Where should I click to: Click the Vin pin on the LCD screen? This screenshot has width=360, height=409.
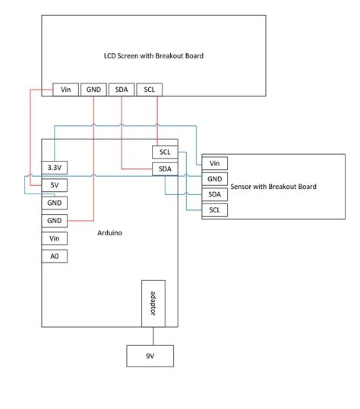click(x=65, y=90)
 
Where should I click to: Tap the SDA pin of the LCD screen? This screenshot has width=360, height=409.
click(x=122, y=90)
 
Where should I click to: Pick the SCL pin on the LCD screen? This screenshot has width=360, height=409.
click(x=149, y=90)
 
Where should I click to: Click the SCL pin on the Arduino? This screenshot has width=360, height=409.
click(x=164, y=153)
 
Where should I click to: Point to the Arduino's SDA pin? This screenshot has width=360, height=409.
click(x=164, y=168)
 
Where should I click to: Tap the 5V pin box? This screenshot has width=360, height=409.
click(x=54, y=185)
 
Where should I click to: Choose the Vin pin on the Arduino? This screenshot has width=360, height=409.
click(x=54, y=238)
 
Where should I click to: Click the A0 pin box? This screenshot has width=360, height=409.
click(x=54, y=256)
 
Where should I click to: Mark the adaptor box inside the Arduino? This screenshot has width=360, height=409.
click(x=153, y=303)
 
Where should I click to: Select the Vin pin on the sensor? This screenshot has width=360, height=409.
click(x=214, y=163)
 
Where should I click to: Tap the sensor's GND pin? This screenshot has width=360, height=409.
click(x=214, y=179)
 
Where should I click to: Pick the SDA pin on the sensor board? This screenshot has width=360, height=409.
click(x=214, y=194)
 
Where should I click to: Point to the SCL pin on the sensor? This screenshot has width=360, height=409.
click(x=214, y=210)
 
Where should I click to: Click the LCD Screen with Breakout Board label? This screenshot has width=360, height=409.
click(x=153, y=55)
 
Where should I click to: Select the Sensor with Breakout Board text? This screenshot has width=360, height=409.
click(x=271, y=187)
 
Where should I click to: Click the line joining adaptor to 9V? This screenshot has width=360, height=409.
click(x=153, y=335)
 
